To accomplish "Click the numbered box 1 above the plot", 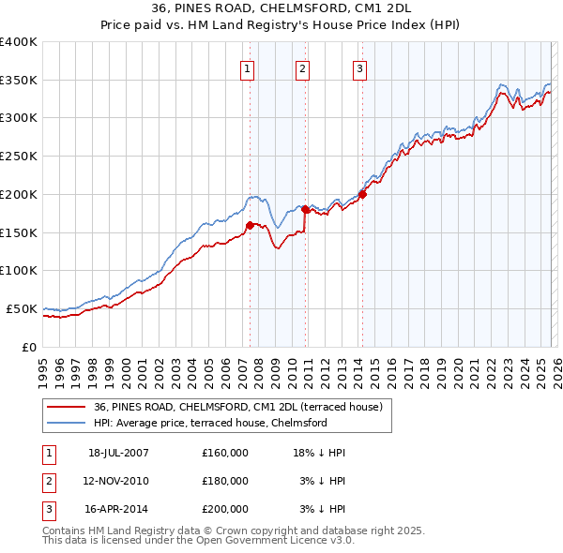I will pyautogui.click(x=247, y=67).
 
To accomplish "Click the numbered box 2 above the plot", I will pyautogui.click(x=303, y=67).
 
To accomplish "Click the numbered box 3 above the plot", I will pyautogui.click(x=359, y=67).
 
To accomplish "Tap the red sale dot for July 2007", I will pyautogui.click(x=250, y=225).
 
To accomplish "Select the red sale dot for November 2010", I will pyautogui.click(x=305, y=210).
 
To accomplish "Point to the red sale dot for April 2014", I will pyautogui.click(x=362, y=195).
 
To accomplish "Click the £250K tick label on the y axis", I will pyautogui.click(x=19, y=157).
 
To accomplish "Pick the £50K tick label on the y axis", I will pyautogui.click(x=22, y=308).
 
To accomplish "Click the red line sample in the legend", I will pyautogui.click(x=67, y=408).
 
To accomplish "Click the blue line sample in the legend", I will pyautogui.click(x=67, y=423).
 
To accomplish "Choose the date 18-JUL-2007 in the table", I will pyautogui.click(x=118, y=453).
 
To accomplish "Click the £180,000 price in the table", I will pyautogui.click(x=224, y=481).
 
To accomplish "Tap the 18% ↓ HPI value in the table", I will pyautogui.click(x=319, y=453).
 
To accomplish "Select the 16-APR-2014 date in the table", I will pyautogui.click(x=118, y=509).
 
